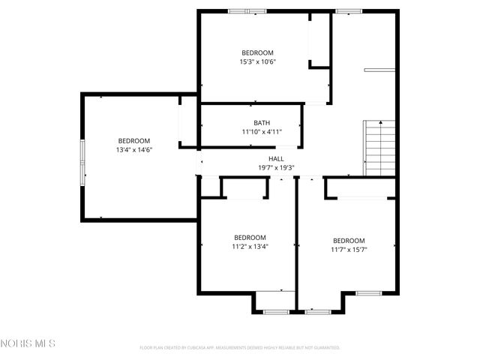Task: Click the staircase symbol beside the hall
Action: click(379, 148)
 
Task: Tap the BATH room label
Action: click(262, 123)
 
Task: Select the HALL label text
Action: click(276, 159)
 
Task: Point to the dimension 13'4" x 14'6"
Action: click(133, 150)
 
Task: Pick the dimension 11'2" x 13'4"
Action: click(250, 246)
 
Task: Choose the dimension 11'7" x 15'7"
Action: click(349, 250)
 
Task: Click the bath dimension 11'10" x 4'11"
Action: click(262, 132)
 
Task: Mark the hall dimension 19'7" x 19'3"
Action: click(276, 168)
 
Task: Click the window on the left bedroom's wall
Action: click(82, 157)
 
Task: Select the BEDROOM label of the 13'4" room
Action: click(133, 141)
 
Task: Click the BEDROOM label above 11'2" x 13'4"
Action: click(250, 237)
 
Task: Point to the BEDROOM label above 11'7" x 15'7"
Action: click(349, 241)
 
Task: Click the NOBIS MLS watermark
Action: click(28, 344)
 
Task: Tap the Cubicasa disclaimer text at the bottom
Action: click(240, 348)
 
